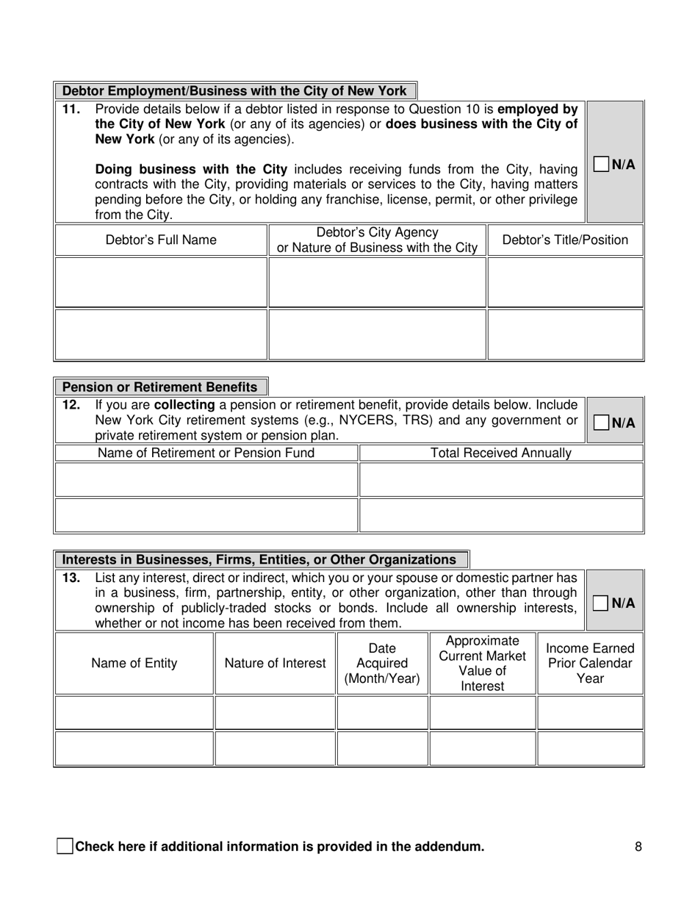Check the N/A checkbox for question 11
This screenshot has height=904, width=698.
pos(601,164)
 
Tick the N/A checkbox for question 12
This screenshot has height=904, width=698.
pos(601,423)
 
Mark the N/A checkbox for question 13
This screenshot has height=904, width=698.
pos(601,603)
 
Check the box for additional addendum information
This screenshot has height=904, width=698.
pos(65,846)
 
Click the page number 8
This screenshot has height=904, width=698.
pos(638,847)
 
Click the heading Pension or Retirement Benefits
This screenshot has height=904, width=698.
pos(160,387)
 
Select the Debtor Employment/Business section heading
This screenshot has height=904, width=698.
pos(234,91)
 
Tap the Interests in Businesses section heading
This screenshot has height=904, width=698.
pos(259,559)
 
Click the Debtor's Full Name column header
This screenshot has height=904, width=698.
pos(161,240)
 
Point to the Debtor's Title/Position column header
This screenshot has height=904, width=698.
pos(565,240)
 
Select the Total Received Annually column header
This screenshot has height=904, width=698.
pos(500,453)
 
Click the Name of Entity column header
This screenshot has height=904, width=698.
pos(134,663)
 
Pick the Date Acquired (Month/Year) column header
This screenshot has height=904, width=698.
pos(382,663)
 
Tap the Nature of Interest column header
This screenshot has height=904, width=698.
pos(275,663)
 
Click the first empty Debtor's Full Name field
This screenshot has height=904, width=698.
pos(161,281)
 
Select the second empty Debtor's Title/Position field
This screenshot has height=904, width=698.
pos(565,334)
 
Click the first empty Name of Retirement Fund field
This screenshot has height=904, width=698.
pos(206,479)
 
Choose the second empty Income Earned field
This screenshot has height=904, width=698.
pos(590,748)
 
